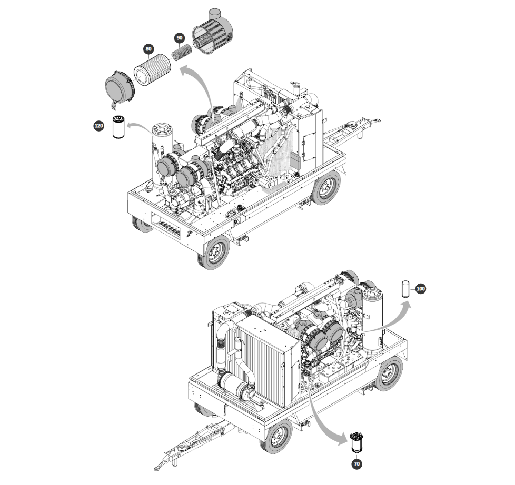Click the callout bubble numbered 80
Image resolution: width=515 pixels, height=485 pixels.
(x=148, y=49)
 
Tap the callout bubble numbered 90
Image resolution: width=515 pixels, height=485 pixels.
(x=180, y=38)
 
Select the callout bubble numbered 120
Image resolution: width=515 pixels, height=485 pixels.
(x=99, y=126)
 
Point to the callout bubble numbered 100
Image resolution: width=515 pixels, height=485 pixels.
(x=420, y=289)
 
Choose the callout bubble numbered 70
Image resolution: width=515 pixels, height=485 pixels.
(x=356, y=463)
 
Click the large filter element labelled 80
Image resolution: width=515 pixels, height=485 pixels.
(x=152, y=69)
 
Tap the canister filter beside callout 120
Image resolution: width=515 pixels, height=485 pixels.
(x=118, y=127)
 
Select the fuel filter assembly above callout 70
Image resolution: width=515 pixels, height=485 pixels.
(x=356, y=443)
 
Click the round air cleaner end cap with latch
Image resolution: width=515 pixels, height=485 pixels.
(x=120, y=88)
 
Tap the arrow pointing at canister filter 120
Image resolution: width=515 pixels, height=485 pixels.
(x=141, y=126)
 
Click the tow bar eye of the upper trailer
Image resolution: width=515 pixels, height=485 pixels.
(x=377, y=121)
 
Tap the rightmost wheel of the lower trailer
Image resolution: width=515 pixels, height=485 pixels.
(x=390, y=374)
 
